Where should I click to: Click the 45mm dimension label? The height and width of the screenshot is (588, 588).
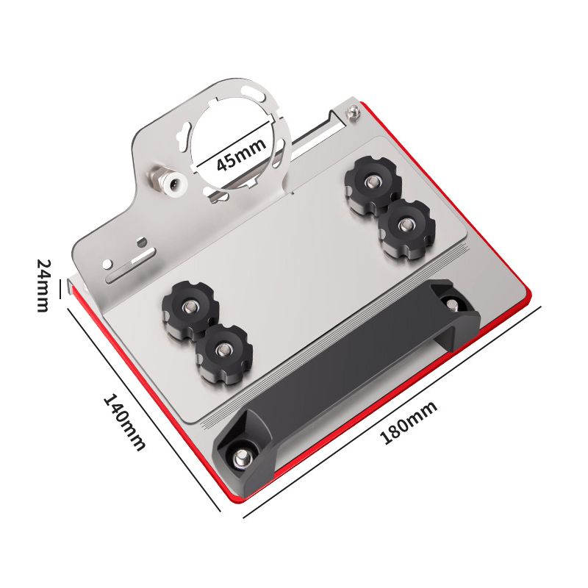[241, 154]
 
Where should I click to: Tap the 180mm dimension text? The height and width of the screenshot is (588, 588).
[409, 422]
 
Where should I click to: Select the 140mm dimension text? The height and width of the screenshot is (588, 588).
[124, 421]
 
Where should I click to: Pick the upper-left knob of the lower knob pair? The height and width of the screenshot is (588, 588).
[190, 307]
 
